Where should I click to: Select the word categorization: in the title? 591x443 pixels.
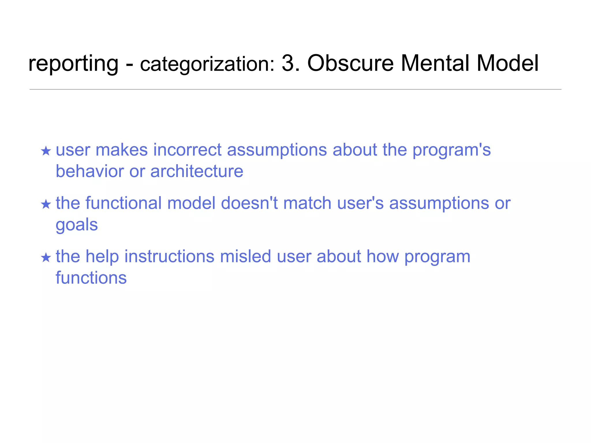[x=207, y=64]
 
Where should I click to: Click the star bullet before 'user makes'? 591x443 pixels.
[x=46, y=151]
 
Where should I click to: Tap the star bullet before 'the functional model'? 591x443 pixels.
[x=46, y=204]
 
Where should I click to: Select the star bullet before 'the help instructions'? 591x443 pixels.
[x=46, y=257]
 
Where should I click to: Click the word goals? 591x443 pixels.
[x=77, y=225]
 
